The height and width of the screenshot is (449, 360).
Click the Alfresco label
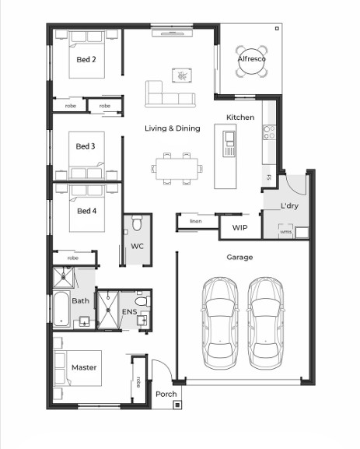(x=252, y=58)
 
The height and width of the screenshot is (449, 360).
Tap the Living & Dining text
(x=173, y=128)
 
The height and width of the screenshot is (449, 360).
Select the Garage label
(x=239, y=257)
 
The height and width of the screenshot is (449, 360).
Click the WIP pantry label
(x=239, y=228)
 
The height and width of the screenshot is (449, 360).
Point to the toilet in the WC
(x=137, y=223)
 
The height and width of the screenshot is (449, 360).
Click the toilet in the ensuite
(x=142, y=301)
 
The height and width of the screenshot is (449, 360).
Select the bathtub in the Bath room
(x=61, y=309)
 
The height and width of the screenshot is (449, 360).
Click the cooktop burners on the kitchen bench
(x=269, y=132)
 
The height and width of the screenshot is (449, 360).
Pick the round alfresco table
(x=252, y=61)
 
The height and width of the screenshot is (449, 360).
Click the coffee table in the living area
(x=182, y=75)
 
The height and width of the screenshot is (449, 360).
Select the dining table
(x=177, y=169)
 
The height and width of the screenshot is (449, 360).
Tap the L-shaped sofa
(x=170, y=94)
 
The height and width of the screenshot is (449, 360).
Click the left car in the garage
(x=220, y=322)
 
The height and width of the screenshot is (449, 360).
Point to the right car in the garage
(x=266, y=322)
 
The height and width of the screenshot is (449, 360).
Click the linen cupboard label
(x=196, y=221)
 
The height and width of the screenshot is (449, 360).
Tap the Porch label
(x=166, y=395)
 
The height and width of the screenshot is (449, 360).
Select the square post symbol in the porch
(x=177, y=405)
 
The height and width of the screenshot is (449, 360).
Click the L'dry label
(x=289, y=205)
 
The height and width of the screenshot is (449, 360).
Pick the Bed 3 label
(x=86, y=146)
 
